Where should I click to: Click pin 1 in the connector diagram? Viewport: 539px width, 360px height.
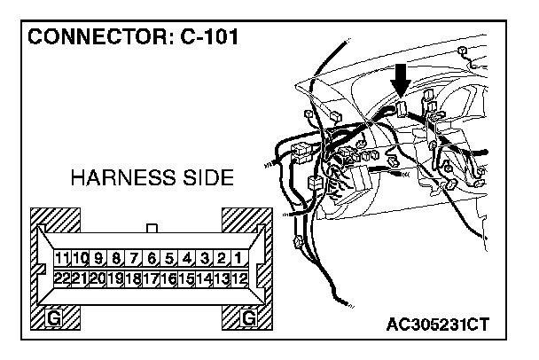pyautogui.click(x=238, y=259)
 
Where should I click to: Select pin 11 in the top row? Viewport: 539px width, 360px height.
pyautogui.click(x=62, y=259)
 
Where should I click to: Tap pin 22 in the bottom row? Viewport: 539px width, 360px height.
pyautogui.click(x=62, y=278)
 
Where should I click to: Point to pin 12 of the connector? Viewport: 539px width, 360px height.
pyautogui.click(x=238, y=278)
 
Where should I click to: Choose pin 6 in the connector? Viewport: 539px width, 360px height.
pyautogui.click(x=152, y=259)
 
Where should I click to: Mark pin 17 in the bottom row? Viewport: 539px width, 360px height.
pyautogui.click(x=152, y=278)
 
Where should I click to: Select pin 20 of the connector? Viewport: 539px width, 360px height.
pyautogui.click(x=98, y=278)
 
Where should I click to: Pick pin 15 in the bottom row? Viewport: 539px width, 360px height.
pyautogui.click(x=186, y=278)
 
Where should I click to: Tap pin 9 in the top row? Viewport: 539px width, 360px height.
pyautogui.click(x=98, y=259)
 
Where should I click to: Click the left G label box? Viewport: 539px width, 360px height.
pyautogui.click(x=55, y=317)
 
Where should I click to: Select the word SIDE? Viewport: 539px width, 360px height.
pyautogui.click(x=205, y=179)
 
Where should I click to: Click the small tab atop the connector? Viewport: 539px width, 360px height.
pyautogui.click(x=152, y=229)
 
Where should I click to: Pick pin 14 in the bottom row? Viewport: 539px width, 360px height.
pyautogui.click(x=204, y=278)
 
